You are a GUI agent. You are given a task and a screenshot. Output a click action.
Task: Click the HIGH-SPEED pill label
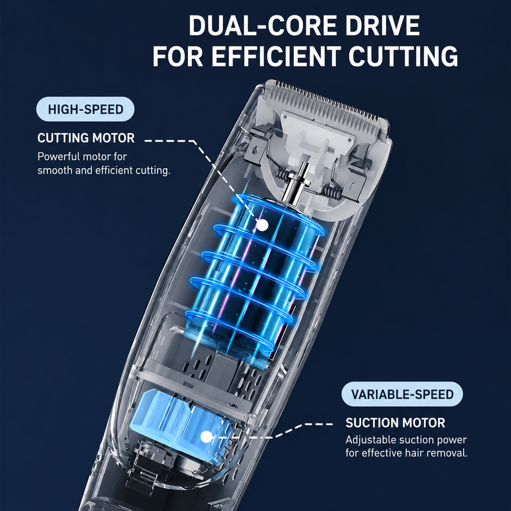[x=85, y=109]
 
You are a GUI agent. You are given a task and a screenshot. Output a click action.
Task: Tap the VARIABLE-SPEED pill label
[x=402, y=394]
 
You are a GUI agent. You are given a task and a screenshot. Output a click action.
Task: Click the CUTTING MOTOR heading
[x=86, y=138]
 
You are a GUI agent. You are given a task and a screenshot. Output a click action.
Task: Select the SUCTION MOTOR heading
[x=395, y=423]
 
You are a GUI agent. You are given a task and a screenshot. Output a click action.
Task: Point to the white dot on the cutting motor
[x=262, y=225]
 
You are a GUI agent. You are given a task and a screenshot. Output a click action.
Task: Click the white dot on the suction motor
[x=205, y=436]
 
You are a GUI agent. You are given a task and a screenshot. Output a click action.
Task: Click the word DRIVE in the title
[x=383, y=26]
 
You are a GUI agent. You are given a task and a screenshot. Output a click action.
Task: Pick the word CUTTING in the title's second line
[x=403, y=56]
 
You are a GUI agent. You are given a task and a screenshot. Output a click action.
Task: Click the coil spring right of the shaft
[x=331, y=192]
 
